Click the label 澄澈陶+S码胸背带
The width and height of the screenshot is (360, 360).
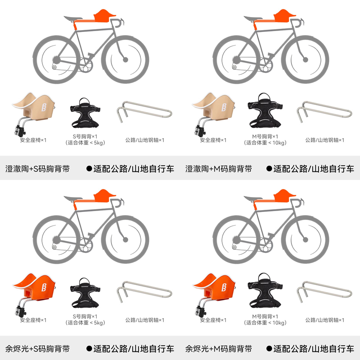[x=37, y=169]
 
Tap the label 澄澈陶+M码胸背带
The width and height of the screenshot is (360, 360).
[x=218, y=169]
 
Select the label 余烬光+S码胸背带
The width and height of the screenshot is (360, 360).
[x=37, y=349]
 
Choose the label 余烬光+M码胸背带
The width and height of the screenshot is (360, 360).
[x=218, y=349]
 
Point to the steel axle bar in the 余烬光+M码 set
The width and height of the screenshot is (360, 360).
[x=324, y=292]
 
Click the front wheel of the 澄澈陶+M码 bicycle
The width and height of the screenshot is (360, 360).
[x=305, y=60]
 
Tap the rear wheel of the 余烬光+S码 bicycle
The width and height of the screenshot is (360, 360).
[x=57, y=240]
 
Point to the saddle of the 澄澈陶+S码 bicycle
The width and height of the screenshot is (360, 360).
[x=72, y=18]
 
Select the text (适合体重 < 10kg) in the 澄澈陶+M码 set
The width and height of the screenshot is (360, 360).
[x=265, y=143]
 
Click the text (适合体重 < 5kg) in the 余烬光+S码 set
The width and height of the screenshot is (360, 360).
[x=85, y=323]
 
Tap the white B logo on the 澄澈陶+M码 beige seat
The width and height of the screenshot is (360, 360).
[x=224, y=107]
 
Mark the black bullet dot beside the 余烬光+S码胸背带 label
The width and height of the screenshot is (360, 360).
[x=89, y=349]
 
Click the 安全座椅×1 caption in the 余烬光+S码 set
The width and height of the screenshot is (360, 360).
[x=33, y=320]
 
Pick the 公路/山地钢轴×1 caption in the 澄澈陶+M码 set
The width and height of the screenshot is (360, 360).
[x=324, y=140]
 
